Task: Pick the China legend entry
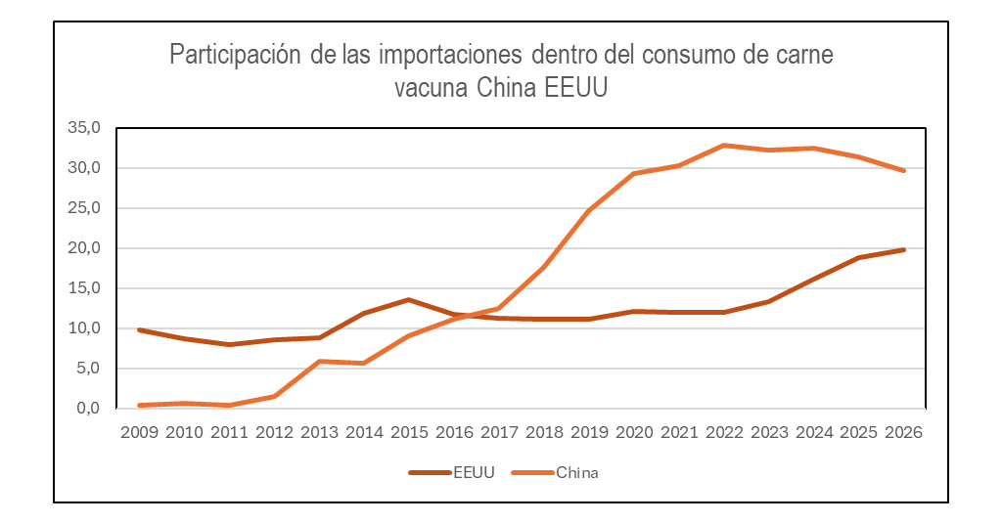point(576,473)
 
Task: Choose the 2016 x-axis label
point(454,431)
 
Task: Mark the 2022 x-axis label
point(723,431)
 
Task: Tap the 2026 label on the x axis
point(902,431)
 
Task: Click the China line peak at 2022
point(723,146)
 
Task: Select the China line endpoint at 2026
point(902,171)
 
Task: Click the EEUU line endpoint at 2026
point(902,249)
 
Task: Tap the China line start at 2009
point(141,406)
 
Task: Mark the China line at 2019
point(589,210)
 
